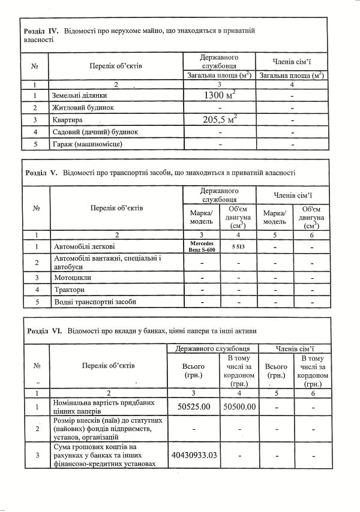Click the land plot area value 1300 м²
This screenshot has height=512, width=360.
coord(220,95)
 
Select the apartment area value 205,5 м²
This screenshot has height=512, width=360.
coord(220,119)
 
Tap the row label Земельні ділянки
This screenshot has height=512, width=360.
coord(79,95)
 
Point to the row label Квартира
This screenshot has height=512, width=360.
coord(67,120)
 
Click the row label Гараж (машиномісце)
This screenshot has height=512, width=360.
coord(88,144)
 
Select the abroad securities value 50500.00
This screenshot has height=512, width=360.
coord(239,406)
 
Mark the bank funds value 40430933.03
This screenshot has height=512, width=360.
coord(193,455)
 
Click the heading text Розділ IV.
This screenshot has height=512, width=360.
coord(40,31)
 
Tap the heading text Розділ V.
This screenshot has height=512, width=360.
coord(40,172)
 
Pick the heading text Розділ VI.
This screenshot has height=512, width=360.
coord(44,330)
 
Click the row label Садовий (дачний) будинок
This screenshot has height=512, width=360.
coord(95,132)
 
